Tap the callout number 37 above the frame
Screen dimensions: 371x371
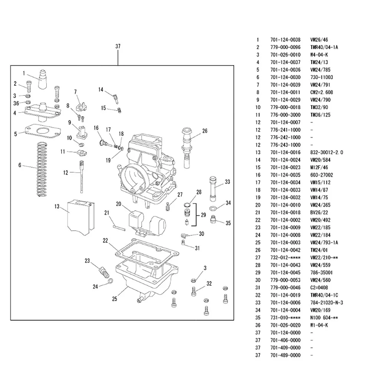click(x=118, y=47)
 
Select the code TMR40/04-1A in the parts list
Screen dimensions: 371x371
click(x=324, y=47)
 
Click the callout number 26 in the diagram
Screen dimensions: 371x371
click(x=205, y=131)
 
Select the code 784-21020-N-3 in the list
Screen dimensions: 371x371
click(x=326, y=302)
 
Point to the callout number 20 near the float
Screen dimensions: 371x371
click(x=119, y=204)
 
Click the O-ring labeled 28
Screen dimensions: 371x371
click(x=188, y=205)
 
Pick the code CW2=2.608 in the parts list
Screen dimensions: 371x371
click(x=321, y=92)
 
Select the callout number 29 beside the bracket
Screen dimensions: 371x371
click(x=203, y=215)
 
